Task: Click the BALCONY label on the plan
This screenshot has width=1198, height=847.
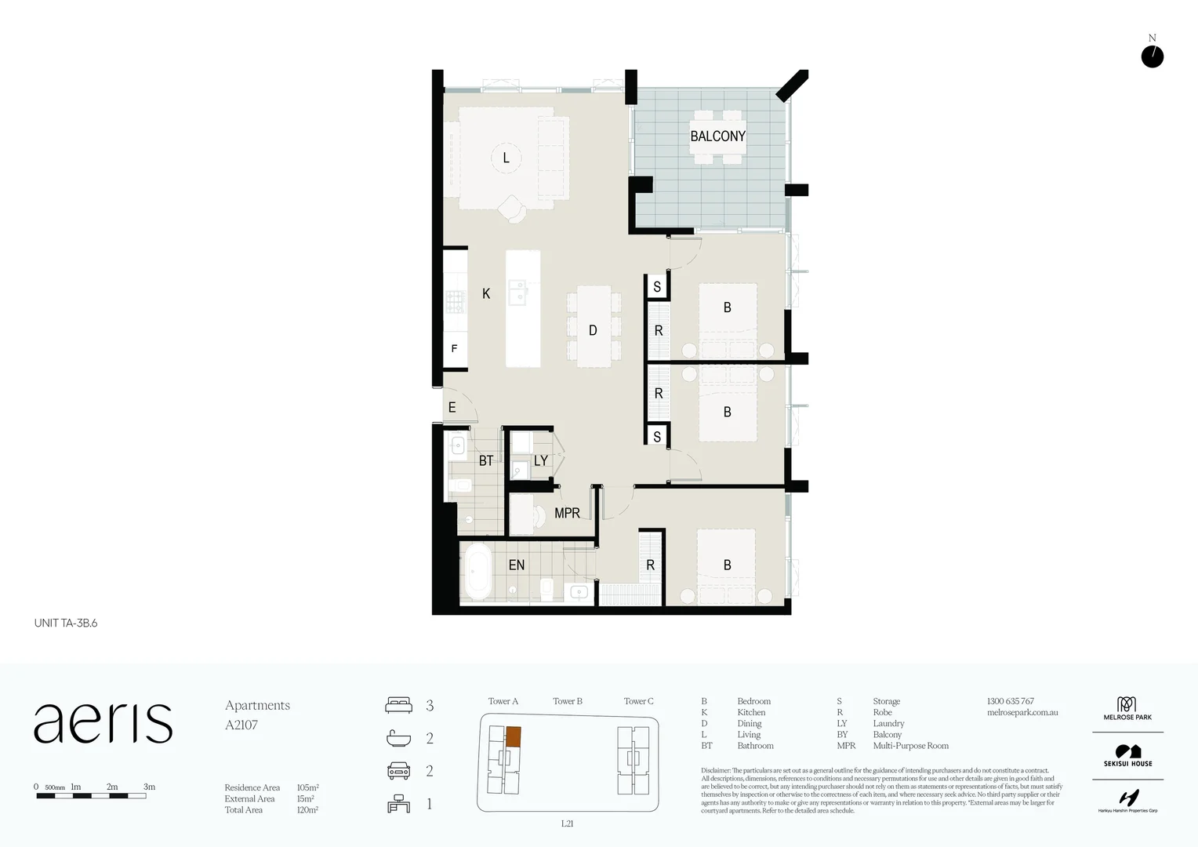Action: coord(717,136)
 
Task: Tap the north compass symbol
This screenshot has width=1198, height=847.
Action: coord(1152,56)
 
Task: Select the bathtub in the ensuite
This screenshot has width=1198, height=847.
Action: coord(477,573)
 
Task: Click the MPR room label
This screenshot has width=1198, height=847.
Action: coord(567,513)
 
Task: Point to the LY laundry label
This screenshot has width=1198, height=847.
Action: coord(540,461)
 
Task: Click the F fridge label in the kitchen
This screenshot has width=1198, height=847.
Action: coord(454,349)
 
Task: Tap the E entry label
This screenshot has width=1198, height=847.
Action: coord(452,408)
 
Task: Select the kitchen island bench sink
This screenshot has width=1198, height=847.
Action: coord(517,292)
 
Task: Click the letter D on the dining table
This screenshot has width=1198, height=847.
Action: coord(593,331)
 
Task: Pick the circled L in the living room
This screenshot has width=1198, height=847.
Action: coord(506,158)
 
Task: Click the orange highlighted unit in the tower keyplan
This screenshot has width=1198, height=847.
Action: coord(513,736)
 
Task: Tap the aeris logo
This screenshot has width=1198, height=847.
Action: coord(103,723)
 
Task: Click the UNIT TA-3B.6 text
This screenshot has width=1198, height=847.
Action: coord(66,623)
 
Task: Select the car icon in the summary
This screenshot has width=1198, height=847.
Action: coord(398,771)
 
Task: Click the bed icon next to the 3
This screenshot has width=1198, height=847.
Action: coord(398,705)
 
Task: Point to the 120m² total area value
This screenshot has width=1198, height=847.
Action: coord(307,810)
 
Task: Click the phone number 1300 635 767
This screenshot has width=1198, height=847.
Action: coord(1010,701)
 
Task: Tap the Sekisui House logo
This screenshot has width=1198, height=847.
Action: coord(1127,756)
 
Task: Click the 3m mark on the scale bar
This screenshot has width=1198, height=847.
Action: coord(149,787)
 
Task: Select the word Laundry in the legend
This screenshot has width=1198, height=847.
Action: coord(888,724)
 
